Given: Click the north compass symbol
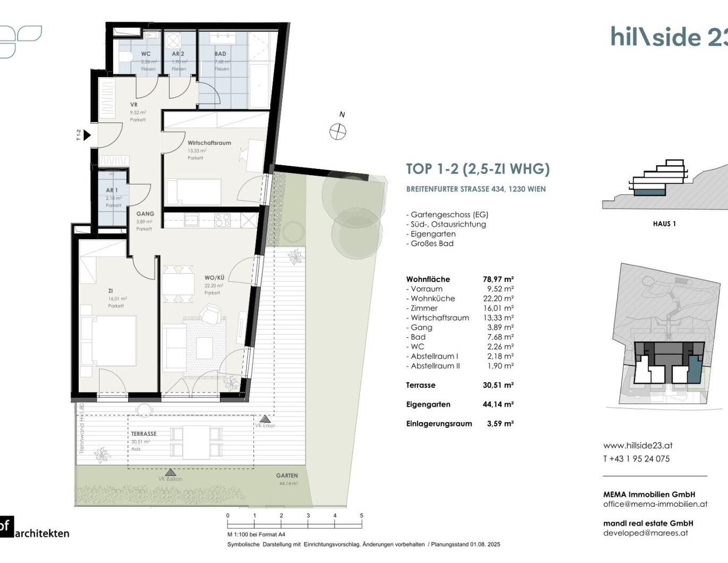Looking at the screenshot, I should pos(338,131).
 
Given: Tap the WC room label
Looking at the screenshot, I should pos(146,54).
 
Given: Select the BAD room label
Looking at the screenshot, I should pos(221,54).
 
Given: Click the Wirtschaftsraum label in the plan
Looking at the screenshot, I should pos(209,143).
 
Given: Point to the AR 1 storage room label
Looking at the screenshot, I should pos(112,190).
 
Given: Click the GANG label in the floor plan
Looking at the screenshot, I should pos(145,214).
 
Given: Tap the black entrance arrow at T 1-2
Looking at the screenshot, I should pos(87,135).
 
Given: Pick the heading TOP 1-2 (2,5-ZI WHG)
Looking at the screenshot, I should pos(477,169).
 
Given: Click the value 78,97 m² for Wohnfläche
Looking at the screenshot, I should pos(498,279).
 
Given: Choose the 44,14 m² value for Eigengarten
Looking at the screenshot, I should pos(498,404).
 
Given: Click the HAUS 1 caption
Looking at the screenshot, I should pos(664,224).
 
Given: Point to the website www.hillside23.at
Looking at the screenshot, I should pos(638,446).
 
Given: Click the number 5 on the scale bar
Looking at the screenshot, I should pos(361,516).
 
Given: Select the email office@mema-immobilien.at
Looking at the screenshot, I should pos(655,504).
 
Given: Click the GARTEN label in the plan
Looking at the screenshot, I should pos(287,475).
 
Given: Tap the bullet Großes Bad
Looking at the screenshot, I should pos(431,243).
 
